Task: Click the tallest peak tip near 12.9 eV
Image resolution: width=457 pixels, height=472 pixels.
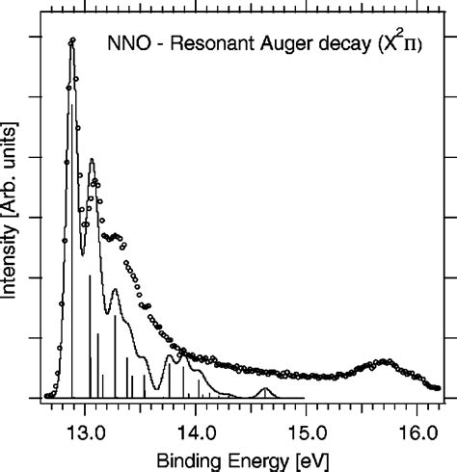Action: tap(72, 40)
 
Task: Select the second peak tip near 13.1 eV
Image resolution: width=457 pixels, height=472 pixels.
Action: tap(92, 160)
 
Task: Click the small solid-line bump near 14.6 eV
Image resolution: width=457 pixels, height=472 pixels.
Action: tap(266, 389)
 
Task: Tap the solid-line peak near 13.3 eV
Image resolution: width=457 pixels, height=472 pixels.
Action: tap(115, 289)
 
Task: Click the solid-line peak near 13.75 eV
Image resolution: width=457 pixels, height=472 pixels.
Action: tap(170, 356)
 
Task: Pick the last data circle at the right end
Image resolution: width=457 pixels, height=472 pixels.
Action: tap(438, 387)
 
